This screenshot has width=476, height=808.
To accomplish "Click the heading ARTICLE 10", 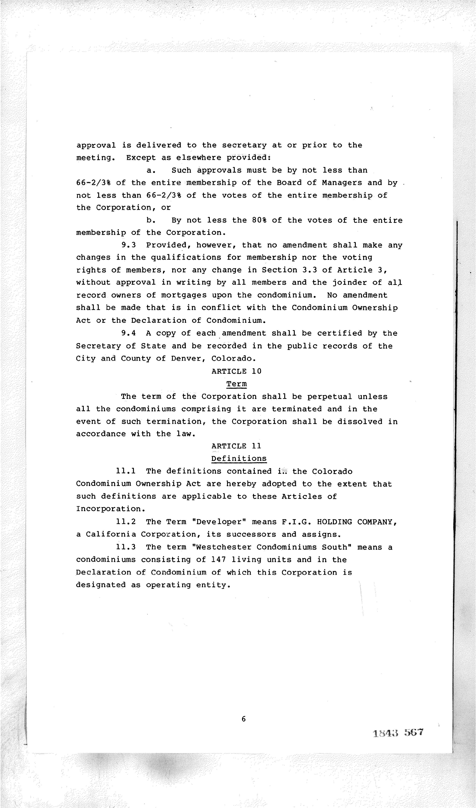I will point(236,371).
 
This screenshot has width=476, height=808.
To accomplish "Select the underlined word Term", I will point(236,384).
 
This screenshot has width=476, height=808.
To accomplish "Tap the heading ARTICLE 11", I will point(236,446).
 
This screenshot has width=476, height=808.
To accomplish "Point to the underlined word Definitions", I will point(239,459).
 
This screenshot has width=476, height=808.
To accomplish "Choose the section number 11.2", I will point(126,522).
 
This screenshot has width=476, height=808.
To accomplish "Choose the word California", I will point(111,534).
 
